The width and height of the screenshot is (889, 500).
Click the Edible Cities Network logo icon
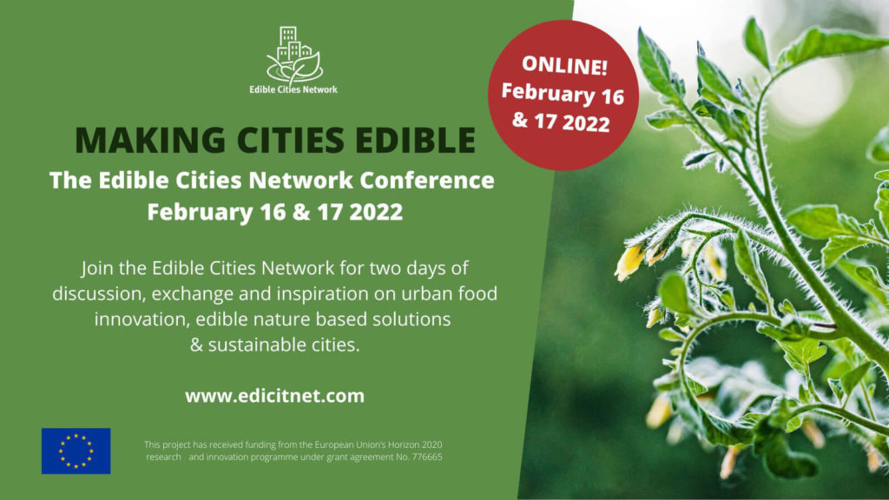coord(294,55)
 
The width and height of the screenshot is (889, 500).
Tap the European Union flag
coord(76,451)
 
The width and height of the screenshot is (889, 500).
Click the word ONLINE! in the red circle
coord(564,65)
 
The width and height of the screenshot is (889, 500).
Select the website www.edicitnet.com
coord(275,396)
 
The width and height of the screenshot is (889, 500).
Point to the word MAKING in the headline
coord(150,140)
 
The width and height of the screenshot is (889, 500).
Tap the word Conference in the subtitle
coord(427,181)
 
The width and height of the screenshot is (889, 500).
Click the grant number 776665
coord(427,457)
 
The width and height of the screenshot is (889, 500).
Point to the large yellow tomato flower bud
coord(630,262)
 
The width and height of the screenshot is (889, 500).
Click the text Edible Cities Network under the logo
coord(293,89)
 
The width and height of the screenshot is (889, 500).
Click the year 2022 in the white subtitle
coord(376,212)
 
